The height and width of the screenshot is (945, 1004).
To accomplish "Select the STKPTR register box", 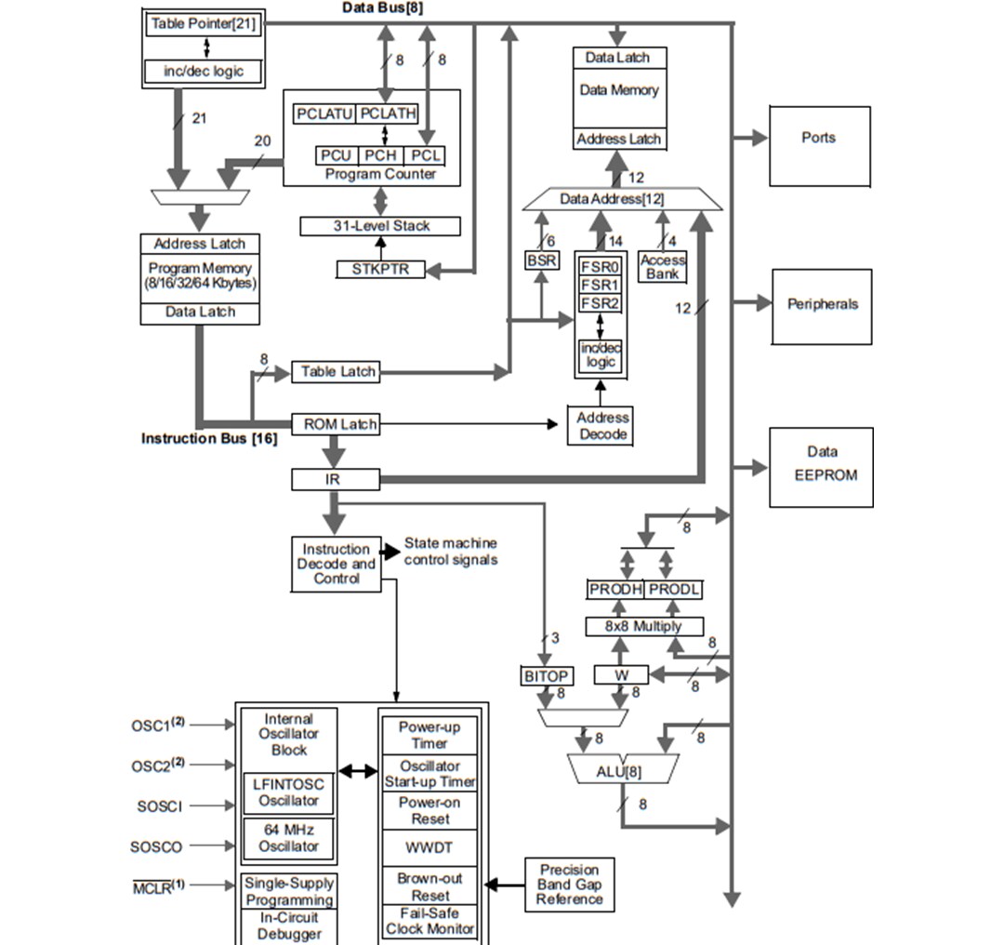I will point(379,270).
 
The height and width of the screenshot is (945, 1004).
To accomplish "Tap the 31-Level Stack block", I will point(381,226).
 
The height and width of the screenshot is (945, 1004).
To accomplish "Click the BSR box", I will point(542,260).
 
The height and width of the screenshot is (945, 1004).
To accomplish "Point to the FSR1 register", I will point(600,286).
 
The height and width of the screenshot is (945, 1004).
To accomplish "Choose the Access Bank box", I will point(663,267).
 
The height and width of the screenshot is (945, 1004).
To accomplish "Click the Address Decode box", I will point(602,426).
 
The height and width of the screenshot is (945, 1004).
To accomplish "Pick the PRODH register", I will point(614,590).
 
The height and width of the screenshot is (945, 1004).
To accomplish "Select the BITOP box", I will point(547,676).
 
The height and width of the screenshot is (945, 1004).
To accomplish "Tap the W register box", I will point(620,676).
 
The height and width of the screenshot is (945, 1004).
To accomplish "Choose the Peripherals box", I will point(822,305).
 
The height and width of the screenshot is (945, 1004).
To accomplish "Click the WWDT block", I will point(429,848).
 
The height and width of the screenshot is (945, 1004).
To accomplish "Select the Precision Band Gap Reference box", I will point(569,885).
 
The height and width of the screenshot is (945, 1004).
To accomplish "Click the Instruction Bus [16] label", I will point(208,438).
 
